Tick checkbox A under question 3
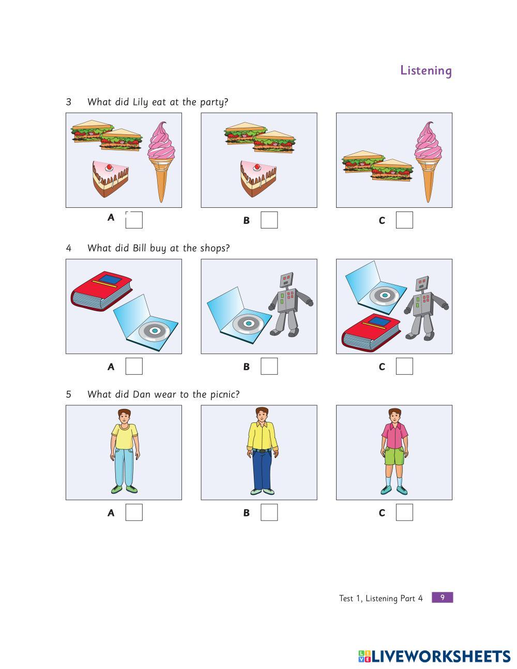pyautogui.click(x=134, y=220)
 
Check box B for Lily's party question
pyautogui.click(x=269, y=220)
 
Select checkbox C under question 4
pyautogui.click(x=404, y=366)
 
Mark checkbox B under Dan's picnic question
pyautogui.click(x=269, y=512)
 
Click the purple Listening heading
pyautogui.click(x=426, y=71)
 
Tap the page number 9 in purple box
pyautogui.click(x=442, y=597)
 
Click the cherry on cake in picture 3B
pyautogui.click(x=256, y=167)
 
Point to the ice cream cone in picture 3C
pyautogui.click(x=428, y=162)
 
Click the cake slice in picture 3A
pyautogui.click(x=111, y=178)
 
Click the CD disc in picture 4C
pyautogui.click(x=384, y=295)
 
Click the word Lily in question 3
pyautogui.click(x=140, y=102)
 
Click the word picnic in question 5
pyautogui.click(x=225, y=394)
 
